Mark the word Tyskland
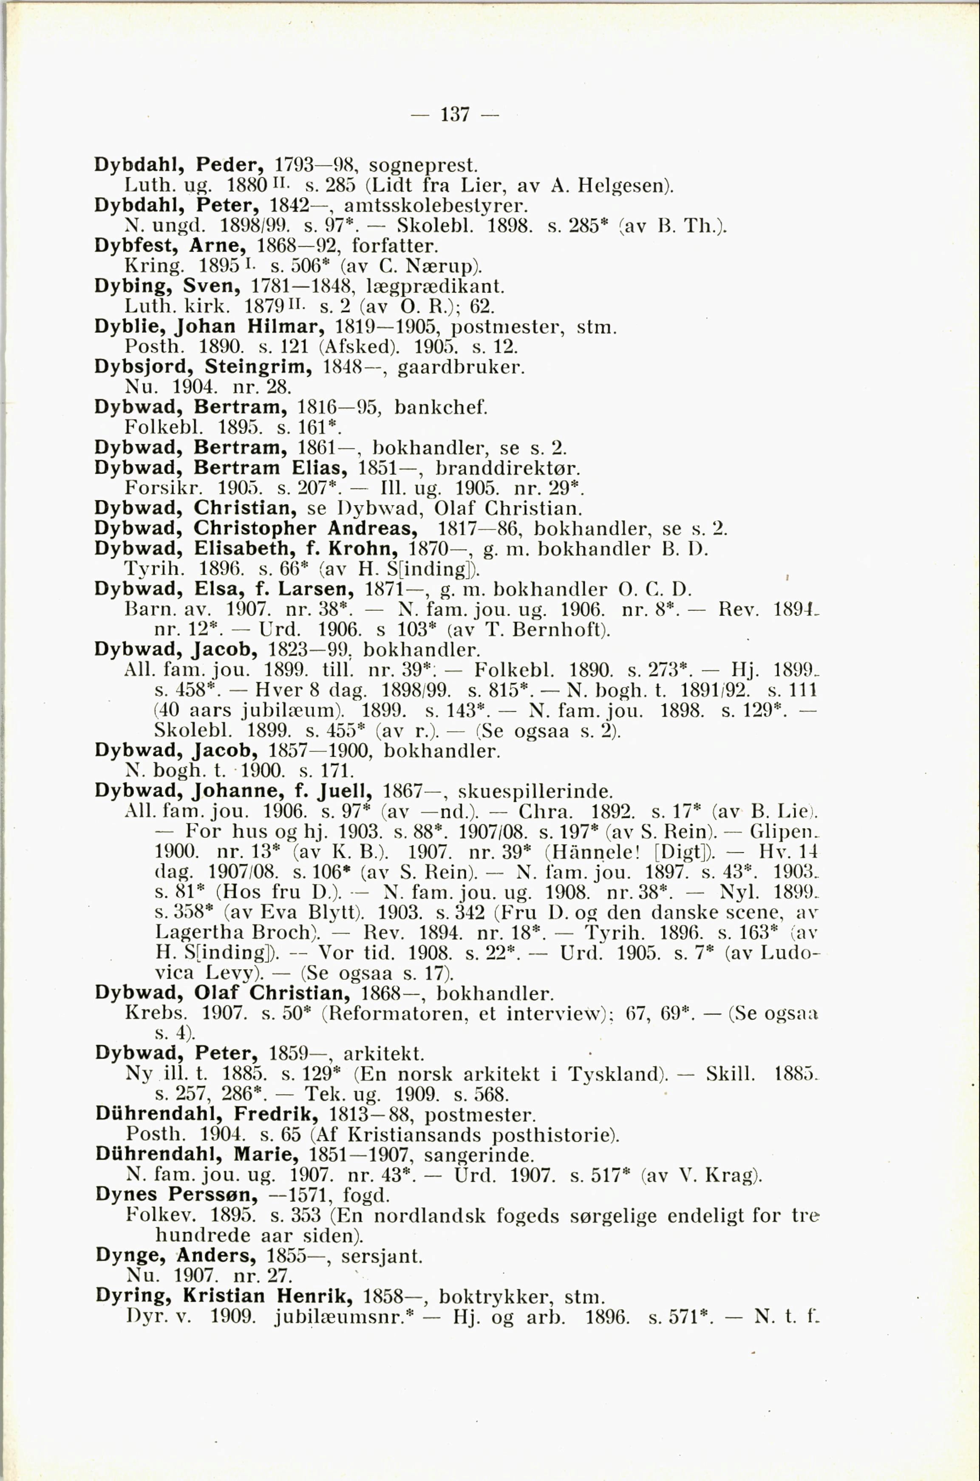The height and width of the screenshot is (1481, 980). coord(615,1074)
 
